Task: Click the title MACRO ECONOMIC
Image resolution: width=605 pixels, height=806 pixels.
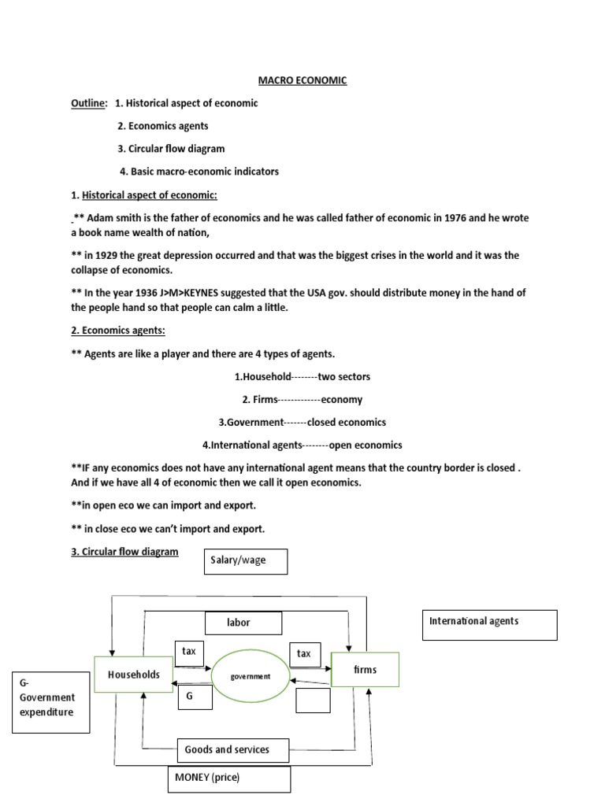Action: [303, 80]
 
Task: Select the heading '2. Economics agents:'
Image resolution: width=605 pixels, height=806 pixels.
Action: [120, 331]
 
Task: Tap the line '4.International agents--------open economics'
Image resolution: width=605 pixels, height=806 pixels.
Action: [303, 444]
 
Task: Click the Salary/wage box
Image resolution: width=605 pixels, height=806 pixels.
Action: [246, 562]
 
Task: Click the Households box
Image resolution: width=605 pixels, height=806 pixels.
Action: [134, 675]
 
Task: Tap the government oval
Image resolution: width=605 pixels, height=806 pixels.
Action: [250, 675]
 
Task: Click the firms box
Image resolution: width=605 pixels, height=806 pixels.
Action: [366, 671]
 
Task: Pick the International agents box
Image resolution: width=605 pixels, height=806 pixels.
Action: [489, 625]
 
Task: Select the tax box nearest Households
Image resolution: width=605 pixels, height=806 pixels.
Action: [189, 653]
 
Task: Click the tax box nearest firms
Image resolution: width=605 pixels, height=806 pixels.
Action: [304, 654]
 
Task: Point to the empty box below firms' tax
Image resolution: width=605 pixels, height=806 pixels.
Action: [312, 700]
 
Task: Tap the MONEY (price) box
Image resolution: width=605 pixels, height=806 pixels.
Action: [228, 778]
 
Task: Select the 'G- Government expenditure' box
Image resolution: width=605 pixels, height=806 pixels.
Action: [50, 698]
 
